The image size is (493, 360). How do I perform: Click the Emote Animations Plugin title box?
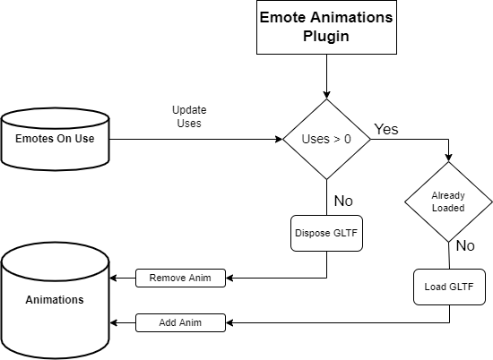click(325, 27)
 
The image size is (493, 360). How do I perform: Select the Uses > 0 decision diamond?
click(325, 140)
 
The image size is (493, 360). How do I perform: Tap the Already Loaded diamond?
click(448, 201)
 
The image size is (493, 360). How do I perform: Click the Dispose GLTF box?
click(325, 234)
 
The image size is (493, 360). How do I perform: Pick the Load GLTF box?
click(448, 287)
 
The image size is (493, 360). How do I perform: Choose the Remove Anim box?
click(179, 278)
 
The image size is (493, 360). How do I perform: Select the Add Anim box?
click(179, 321)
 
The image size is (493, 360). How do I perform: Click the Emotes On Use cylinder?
click(55, 140)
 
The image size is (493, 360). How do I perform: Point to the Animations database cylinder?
click(55, 300)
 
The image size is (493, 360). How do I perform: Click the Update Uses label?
click(186, 116)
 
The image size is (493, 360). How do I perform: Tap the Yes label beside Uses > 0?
click(385, 129)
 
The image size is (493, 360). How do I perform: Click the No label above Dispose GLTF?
click(342, 200)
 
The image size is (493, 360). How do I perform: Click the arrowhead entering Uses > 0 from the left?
click(278, 140)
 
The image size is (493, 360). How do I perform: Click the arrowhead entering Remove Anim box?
click(229, 278)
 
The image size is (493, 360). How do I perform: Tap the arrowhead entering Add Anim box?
click(229, 321)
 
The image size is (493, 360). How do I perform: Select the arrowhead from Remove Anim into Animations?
click(114, 278)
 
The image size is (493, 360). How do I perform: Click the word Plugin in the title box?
click(325, 37)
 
